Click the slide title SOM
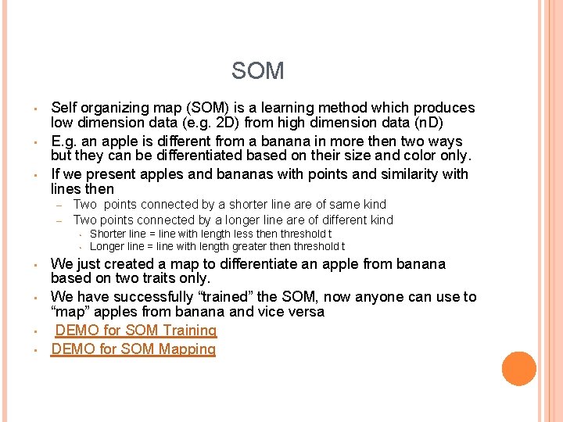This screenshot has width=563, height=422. (x=257, y=72)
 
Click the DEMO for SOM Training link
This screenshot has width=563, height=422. (x=135, y=331)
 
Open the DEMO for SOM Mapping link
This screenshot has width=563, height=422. (x=133, y=349)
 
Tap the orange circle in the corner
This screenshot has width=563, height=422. (x=518, y=369)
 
